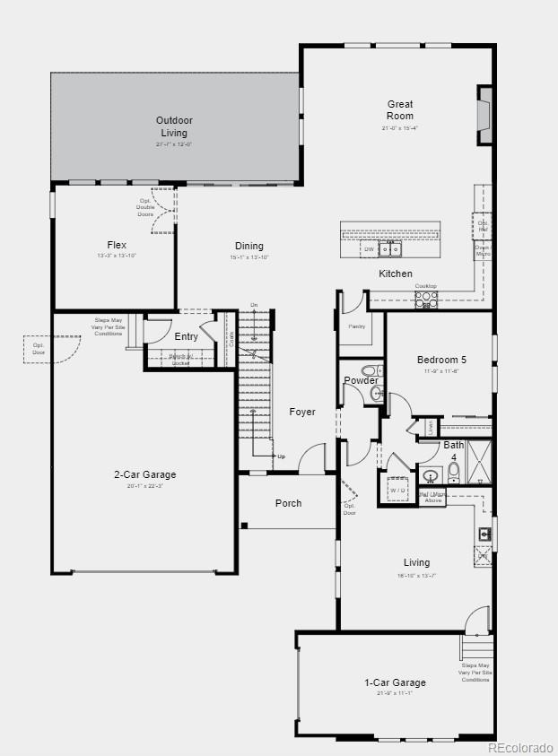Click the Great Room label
400,110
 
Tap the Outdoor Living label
174,126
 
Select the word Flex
117,245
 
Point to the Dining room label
249,246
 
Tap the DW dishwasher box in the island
369,248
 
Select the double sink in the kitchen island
389,248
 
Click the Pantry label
356,326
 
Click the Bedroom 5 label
441,360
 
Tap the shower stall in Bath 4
478,461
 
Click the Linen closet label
431,426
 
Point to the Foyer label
302,412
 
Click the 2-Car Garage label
144,474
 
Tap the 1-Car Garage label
395,682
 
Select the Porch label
288,503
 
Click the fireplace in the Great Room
485,115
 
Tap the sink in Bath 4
430,475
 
